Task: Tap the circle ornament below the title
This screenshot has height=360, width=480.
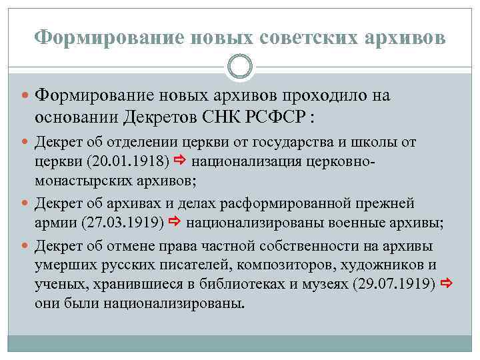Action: (240, 66)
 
